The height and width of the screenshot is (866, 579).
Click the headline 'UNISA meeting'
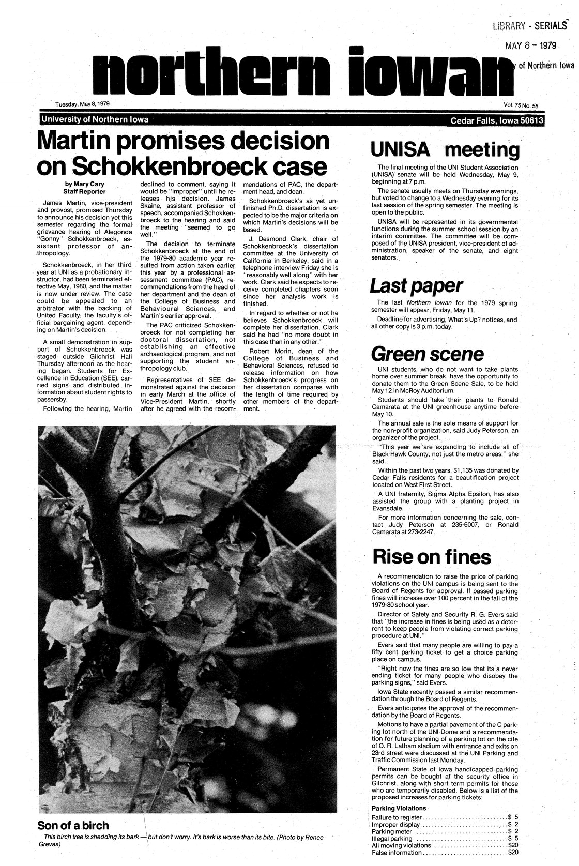coord(445,150)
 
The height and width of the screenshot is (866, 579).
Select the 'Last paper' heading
coord(416,285)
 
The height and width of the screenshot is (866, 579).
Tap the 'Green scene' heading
coord(428,354)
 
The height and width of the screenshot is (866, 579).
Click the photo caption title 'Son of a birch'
coord(73,825)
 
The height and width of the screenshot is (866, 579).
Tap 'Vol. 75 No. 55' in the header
coord(521,105)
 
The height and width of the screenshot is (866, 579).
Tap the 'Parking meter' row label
coord(393,831)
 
